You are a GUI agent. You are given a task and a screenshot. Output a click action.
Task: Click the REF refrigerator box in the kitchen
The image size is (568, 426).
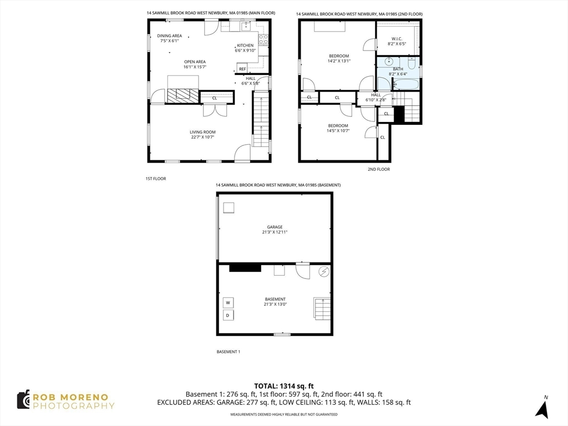pos(242,69)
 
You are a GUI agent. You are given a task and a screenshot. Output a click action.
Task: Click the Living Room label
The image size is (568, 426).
pos(202,132)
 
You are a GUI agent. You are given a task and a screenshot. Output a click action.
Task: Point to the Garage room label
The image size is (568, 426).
pos(275,227)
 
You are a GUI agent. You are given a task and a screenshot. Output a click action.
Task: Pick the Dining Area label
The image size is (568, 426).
pos(170,35)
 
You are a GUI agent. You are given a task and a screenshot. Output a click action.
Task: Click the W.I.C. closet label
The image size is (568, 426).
pos(397,38)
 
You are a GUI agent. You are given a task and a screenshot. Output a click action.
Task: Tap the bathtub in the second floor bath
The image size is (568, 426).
pos(407,84)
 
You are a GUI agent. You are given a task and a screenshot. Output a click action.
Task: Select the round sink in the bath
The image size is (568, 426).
pos(389,62)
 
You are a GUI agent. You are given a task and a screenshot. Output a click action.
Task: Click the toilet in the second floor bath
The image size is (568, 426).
pos(412,62)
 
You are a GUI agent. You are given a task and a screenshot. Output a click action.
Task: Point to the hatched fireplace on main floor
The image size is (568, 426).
pos(182,96)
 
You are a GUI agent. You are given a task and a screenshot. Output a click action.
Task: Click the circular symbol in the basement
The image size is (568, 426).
pos(324,272)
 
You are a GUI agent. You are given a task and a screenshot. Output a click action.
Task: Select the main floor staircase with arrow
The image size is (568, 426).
pos(261,120)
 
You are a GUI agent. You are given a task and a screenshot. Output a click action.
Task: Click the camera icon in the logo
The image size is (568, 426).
pos(23,400)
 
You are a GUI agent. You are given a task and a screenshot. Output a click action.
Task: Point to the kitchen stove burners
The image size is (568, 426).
pos(263,39)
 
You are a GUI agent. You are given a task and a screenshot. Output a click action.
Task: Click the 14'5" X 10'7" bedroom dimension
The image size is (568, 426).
pos(338,130)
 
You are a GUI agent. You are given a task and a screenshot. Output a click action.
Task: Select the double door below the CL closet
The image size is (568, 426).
pos(214,110)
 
